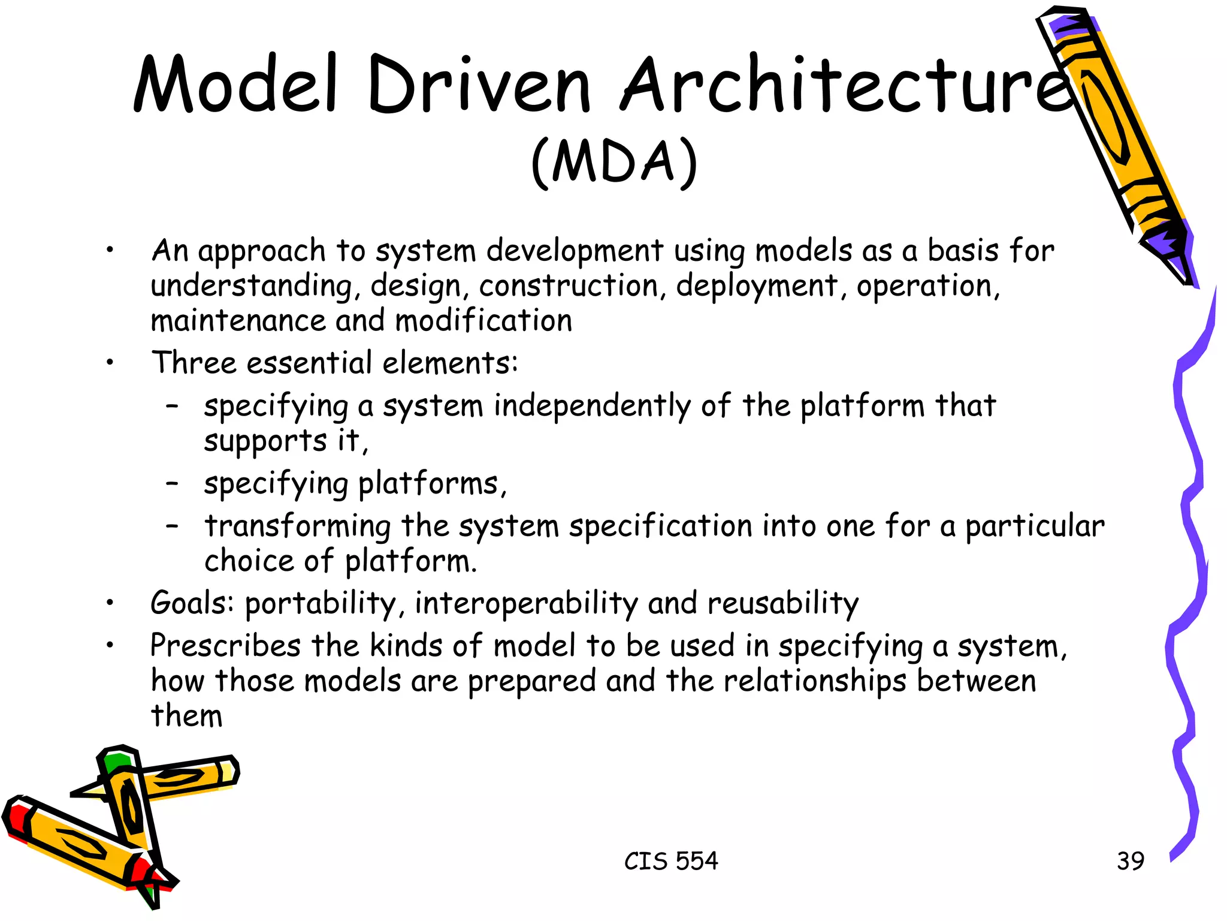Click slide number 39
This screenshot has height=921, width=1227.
point(1130,861)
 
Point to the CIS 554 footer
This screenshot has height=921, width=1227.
point(670,861)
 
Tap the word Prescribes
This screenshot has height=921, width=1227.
point(225,646)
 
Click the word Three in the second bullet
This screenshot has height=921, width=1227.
point(194,363)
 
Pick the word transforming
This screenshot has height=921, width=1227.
point(297,526)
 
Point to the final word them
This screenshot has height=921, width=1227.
point(186,715)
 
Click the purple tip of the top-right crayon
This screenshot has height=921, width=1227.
point(1072,27)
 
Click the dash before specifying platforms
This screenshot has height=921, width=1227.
point(173,483)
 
